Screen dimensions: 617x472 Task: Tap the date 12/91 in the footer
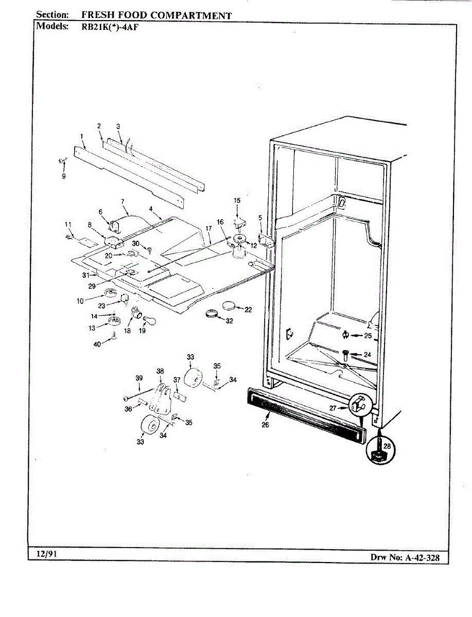(x=45, y=554)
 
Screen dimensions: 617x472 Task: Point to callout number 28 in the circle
(x=387, y=446)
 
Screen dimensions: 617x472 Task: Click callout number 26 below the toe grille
(x=265, y=425)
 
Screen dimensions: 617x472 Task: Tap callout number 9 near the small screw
(x=64, y=176)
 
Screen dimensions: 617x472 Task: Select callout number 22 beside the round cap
(x=248, y=310)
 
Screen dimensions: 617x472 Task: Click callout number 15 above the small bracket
(x=237, y=201)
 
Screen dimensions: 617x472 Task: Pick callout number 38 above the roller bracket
(x=160, y=371)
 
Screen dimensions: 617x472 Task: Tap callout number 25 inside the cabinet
(x=368, y=336)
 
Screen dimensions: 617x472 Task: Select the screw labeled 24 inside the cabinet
(x=344, y=354)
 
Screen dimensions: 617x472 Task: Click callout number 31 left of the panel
(x=85, y=276)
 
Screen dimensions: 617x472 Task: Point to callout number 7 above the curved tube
(x=123, y=201)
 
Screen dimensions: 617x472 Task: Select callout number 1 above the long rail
(x=81, y=136)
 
